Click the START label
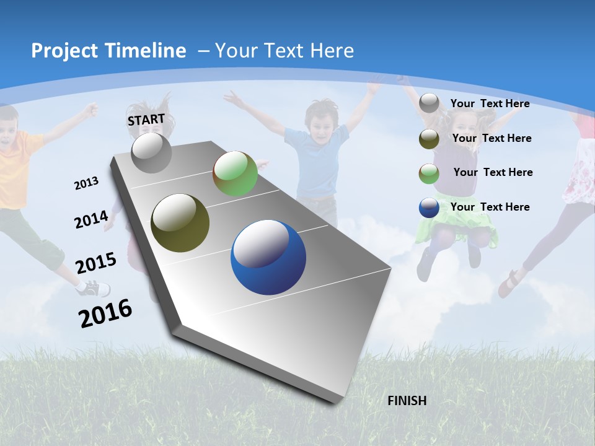(x=146, y=120)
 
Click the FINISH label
(x=407, y=401)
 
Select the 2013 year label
(x=86, y=183)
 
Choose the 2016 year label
(x=105, y=313)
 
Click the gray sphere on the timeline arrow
(x=152, y=153)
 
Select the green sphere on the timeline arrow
(x=235, y=173)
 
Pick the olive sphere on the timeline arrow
(x=180, y=222)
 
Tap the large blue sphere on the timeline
(x=268, y=258)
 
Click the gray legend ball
(x=429, y=103)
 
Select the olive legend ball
(x=429, y=139)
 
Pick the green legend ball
(x=429, y=173)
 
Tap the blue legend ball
(x=429, y=208)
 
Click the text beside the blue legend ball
(x=490, y=207)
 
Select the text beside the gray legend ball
(x=490, y=103)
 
